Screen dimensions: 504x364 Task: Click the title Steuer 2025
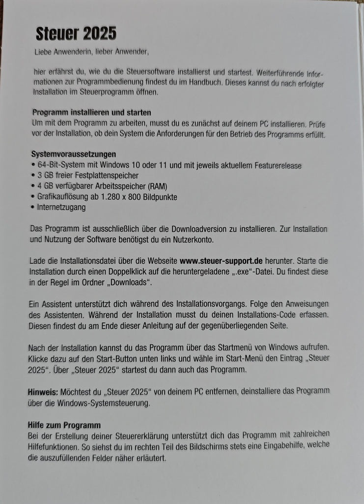click(76, 33)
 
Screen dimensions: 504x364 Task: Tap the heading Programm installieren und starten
click(91, 112)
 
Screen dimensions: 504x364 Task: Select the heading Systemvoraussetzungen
click(74, 154)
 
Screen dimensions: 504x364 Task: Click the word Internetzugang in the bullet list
click(61, 207)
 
